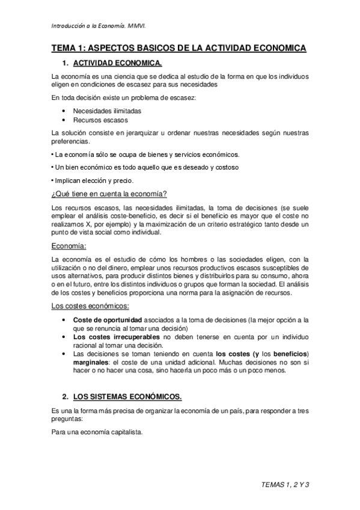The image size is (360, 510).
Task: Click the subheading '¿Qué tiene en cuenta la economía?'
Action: [x=109, y=194]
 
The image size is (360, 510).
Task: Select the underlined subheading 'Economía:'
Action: [x=69, y=245]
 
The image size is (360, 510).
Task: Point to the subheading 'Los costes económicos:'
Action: [x=90, y=307]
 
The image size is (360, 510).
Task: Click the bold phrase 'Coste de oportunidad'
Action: [x=108, y=319]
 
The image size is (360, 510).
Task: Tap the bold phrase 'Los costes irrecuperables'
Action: [x=116, y=337]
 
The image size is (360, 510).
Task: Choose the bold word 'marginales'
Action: [x=93, y=362]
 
